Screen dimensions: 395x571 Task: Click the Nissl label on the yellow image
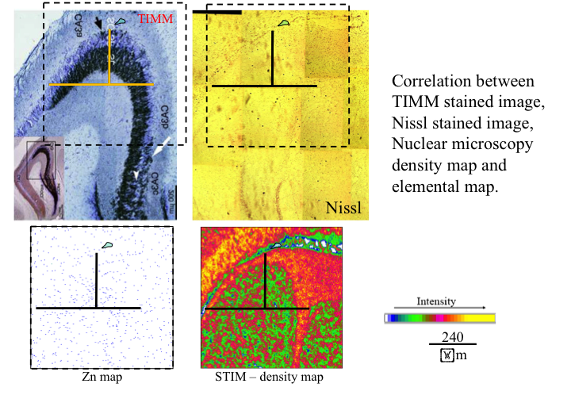click(x=344, y=209)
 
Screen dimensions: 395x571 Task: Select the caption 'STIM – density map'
click(x=269, y=377)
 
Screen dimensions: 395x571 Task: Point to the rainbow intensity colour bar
click(x=439, y=318)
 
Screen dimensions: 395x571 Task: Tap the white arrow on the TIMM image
click(x=164, y=145)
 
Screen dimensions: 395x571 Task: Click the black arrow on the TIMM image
click(x=99, y=25)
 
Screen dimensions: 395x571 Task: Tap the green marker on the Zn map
click(x=108, y=247)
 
